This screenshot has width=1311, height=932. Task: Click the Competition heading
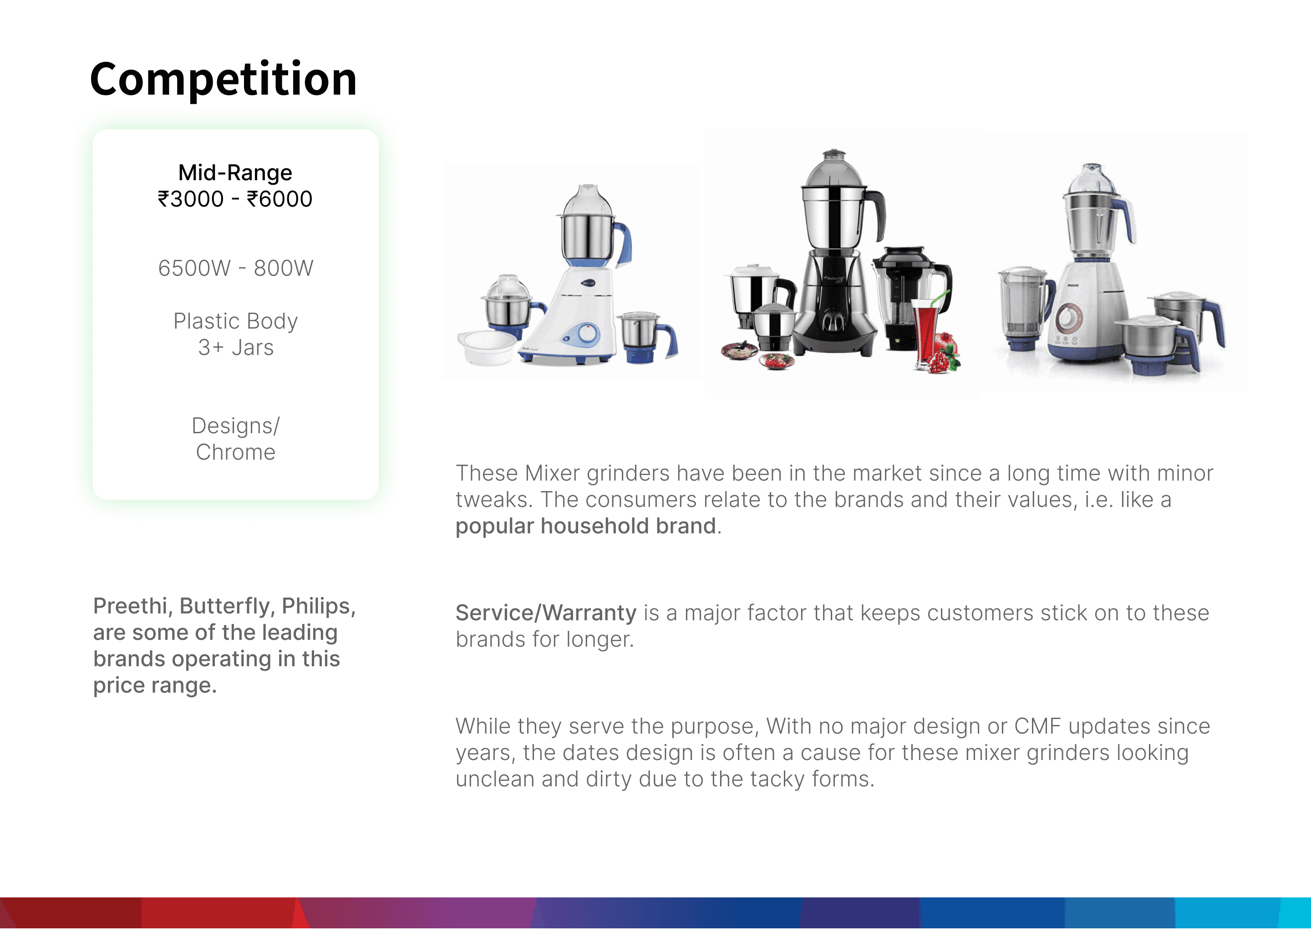point(224,79)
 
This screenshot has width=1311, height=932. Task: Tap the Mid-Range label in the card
point(235,172)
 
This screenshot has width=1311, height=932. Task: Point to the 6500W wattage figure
point(194,268)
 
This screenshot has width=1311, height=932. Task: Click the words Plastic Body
point(235,321)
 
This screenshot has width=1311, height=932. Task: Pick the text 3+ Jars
point(235,348)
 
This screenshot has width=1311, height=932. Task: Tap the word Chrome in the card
point(235,452)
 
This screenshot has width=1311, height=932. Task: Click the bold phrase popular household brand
point(585,526)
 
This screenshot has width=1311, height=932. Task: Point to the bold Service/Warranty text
point(546,613)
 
